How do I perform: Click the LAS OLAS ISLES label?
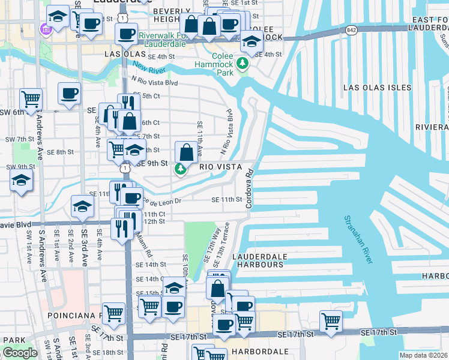tap(377, 88)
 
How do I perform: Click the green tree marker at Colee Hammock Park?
tap(243, 63)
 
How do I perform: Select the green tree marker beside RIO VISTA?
tap(180, 170)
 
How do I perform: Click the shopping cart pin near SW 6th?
tap(31, 98)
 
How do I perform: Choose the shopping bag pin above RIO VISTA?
tap(187, 152)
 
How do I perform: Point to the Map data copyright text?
tap(424, 355)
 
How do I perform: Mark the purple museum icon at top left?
tap(44, 29)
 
